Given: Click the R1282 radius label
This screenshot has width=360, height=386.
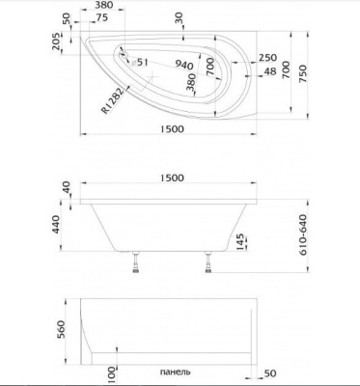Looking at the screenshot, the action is coord(113,100).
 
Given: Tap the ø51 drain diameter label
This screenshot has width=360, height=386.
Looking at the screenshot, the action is coord(140,62).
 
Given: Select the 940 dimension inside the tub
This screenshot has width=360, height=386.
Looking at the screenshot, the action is coord(184,65).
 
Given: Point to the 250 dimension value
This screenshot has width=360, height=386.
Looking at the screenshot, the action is coord(267,58).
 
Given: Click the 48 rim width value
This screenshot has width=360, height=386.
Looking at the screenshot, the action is coord(269,71).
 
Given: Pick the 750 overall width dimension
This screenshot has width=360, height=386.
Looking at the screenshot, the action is coord(303,73).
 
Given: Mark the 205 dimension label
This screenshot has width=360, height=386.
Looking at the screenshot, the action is coord(56,41).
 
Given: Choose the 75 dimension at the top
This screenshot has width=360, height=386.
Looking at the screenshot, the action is coord(101,18).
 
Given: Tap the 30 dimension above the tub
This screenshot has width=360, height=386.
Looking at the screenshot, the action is coord(179,18).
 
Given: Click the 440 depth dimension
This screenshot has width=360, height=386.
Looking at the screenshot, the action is coord(56,224).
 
